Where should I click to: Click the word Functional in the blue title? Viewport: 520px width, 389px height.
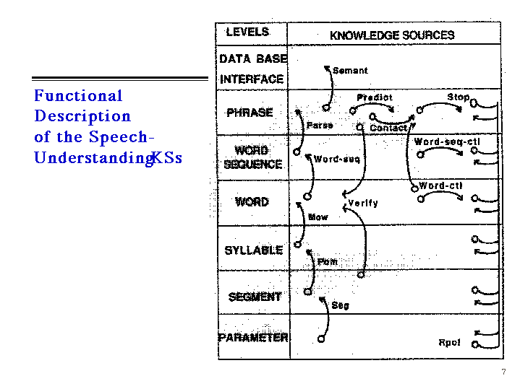[x=78, y=96]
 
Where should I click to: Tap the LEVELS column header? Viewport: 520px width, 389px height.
[x=247, y=32]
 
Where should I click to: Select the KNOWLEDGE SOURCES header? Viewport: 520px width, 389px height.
[x=392, y=35]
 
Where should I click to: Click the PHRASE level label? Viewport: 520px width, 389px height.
[x=250, y=113]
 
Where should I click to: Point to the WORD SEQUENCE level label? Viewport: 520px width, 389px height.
[x=252, y=157]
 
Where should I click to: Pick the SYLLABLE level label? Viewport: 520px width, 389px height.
[x=253, y=250]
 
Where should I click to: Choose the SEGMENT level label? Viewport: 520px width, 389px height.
[x=255, y=297]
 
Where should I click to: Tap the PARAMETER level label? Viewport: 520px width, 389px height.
[x=253, y=337]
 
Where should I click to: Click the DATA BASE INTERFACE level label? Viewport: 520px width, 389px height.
[x=252, y=69]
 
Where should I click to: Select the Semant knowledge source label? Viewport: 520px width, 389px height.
[x=350, y=71]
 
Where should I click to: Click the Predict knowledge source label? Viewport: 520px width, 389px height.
[x=375, y=97]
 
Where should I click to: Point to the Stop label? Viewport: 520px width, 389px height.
[x=458, y=97]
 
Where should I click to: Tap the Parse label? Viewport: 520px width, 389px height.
[x=320, y=125]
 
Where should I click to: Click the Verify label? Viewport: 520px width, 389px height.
[x=363, y=203]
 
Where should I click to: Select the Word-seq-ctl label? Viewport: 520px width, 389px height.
[x=446, y=142]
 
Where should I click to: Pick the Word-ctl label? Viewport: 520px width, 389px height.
[x=441, y=185]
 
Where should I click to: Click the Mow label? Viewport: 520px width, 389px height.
[x=317, y=217]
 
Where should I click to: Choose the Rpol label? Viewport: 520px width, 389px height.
[x=449, y=342]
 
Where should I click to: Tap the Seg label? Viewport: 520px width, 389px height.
[x=340, y=305]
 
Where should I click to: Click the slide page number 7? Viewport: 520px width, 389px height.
[x=503, y=372]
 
